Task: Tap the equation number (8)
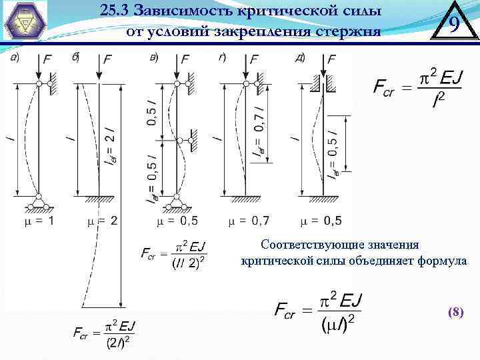pyautogui.click(x=455, y=311)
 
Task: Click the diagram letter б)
pyautogui.click(x=75, y=57)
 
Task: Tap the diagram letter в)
pyautogui.click(x=154, y=57)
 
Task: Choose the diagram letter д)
pyautogui.click(x=299, y=57)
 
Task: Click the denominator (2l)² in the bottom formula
pyautogui.click(x=120, y=343)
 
